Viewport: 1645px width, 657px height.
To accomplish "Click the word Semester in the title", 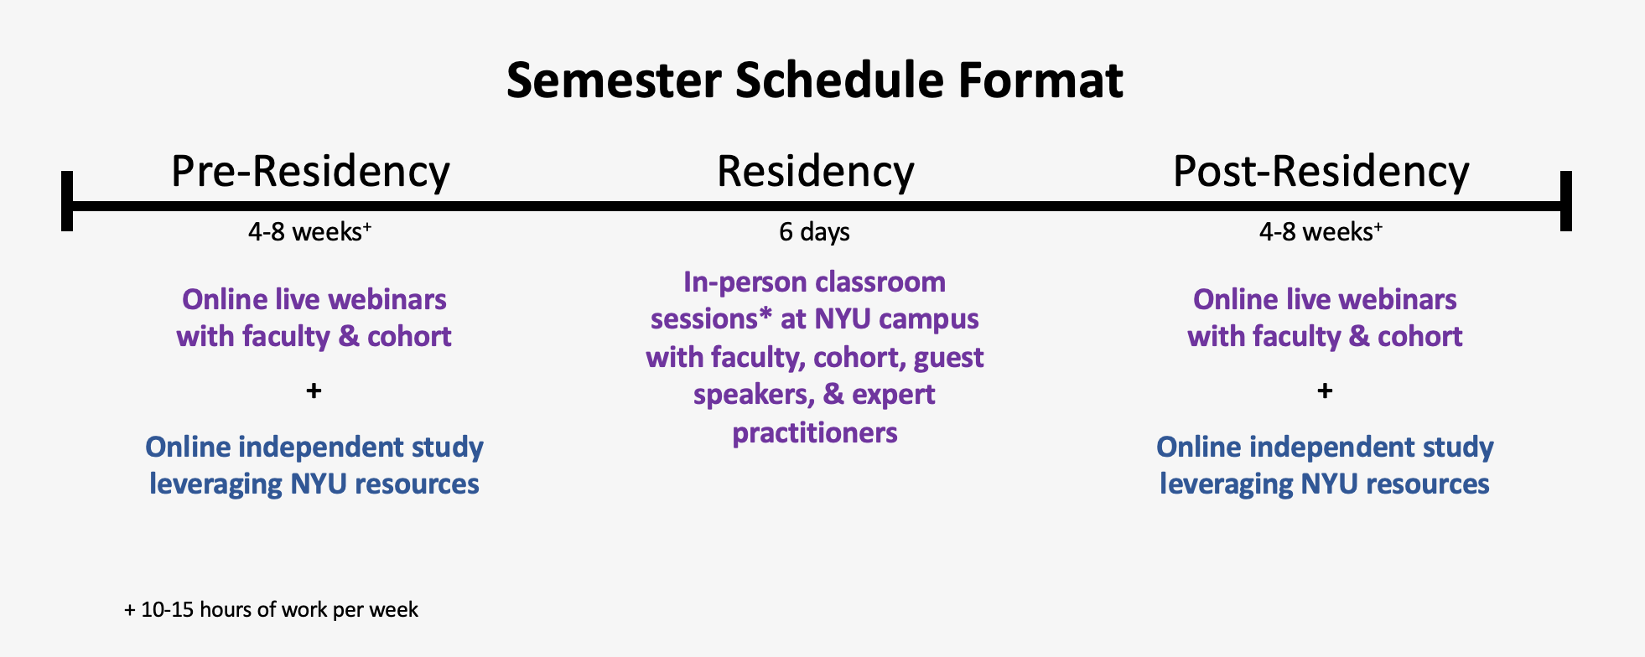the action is coord(614,81).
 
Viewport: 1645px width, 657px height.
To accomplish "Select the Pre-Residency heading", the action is coord(310,172).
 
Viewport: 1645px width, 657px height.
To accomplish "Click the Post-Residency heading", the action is coord(1321,172).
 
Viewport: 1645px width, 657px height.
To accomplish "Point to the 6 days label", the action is coord(814,232).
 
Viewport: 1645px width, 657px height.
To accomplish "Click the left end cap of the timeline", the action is coord(67,201).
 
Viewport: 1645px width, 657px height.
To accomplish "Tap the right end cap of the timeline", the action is coord(1565,201).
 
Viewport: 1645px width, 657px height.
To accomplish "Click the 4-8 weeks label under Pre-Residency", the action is coord(309,231).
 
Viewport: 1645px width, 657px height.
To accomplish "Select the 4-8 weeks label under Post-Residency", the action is coord(1321,231).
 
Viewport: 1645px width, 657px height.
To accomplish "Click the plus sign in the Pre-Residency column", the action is coord(314,391).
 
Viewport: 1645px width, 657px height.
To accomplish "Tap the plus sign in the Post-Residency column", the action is coord(1325,391).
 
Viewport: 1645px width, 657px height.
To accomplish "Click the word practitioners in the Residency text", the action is coord(815,432).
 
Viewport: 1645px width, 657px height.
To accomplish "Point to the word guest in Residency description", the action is coord(948,358).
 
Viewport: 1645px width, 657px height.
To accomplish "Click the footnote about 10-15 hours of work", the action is coord(271,609).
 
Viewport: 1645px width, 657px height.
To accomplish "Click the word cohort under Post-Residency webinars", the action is coord(1420,336).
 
